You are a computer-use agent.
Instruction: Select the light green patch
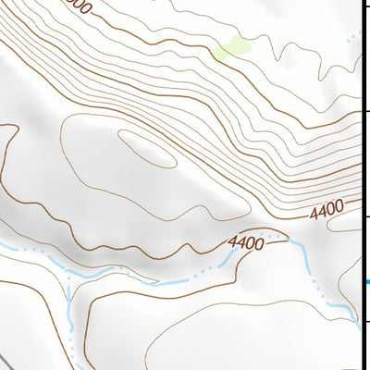tap(232, 48)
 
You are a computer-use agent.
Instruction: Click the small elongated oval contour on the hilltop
tap(147, 148)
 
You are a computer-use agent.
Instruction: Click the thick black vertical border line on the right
tap(361, 185)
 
